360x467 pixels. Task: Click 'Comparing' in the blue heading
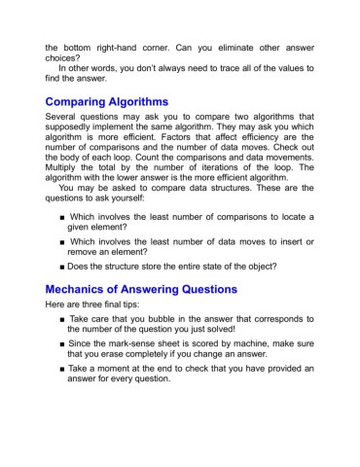(87, 102)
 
